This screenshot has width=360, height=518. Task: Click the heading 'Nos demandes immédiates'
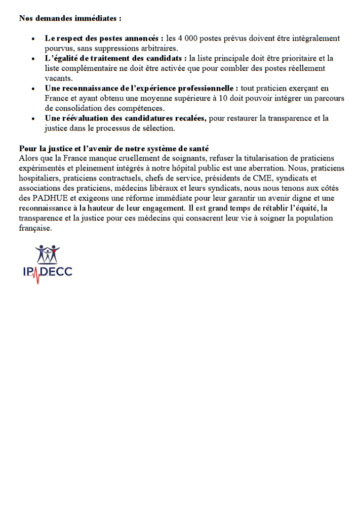click(x=70, y=19)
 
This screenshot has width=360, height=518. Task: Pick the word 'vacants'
click(x=58, y=78)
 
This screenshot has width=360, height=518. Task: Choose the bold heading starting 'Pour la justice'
click(x=113, y=148)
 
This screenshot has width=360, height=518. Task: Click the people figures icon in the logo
click(x=48, y=254)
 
